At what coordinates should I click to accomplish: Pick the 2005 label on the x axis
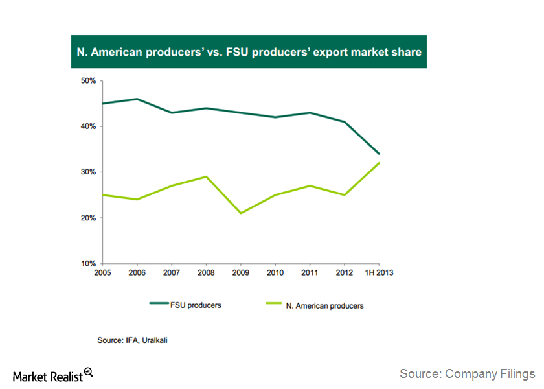[102, 272]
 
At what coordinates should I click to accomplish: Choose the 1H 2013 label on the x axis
[379, 272]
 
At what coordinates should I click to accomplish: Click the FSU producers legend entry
[194, 305]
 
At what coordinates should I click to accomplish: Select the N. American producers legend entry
[324, 305]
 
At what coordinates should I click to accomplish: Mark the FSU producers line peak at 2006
[137, 99]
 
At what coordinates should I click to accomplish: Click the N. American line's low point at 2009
[241, 213]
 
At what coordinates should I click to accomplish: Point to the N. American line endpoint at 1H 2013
[379, 163]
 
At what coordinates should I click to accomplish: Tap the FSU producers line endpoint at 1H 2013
[379, 154]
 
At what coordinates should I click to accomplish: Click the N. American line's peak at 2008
[207, 176]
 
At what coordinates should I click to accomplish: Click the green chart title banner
[249, 52]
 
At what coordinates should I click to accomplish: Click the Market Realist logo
[53, 375]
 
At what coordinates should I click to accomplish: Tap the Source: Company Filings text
[467, 373]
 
